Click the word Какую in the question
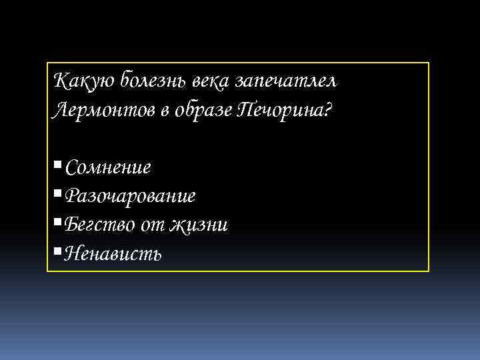point(77,81)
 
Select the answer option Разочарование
point(131,196)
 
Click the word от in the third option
point(152,225)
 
